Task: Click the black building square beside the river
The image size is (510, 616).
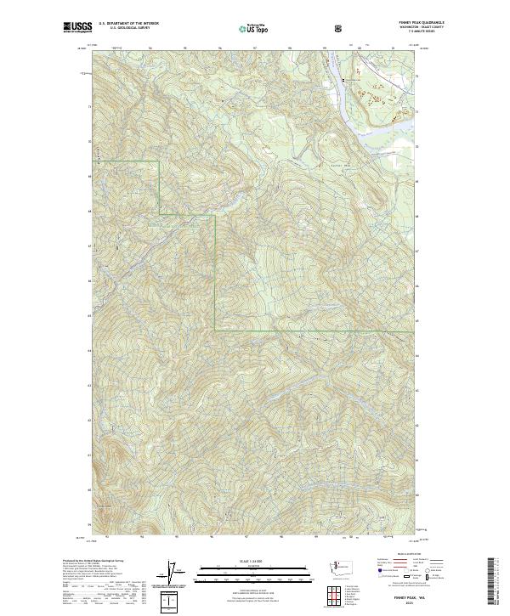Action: pos(343,79)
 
